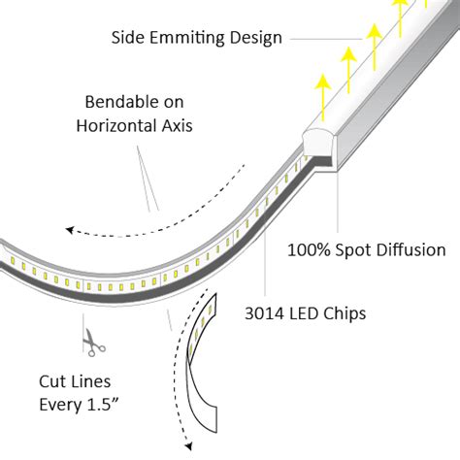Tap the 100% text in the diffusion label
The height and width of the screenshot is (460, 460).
click(309, 249)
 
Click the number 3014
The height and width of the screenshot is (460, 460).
click(268, 313)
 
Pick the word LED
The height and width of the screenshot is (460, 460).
click(313, 313)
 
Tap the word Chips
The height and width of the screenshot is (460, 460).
click(354, 313)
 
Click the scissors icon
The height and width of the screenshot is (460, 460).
click(94, 342)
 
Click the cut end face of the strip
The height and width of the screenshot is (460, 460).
click(317, 146)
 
